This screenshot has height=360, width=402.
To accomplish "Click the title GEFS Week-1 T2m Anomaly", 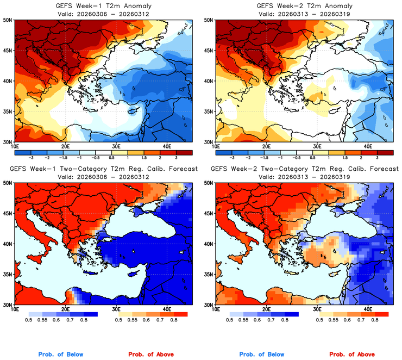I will coord(103,5).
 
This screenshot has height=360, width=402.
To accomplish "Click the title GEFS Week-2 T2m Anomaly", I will coord(304,5).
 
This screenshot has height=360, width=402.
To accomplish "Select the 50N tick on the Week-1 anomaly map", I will coord(8,20).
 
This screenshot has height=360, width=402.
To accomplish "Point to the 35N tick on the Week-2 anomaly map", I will coord(209,111).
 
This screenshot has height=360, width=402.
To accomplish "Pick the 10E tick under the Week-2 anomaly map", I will coord(216,146).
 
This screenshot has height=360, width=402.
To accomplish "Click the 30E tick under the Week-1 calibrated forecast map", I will coord(116,309).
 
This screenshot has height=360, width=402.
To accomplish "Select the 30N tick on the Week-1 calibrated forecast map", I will coord(8,305).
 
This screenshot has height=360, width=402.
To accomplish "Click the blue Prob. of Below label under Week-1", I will coord(60,355).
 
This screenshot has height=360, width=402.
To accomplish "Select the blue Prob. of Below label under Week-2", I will coord(261,355).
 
